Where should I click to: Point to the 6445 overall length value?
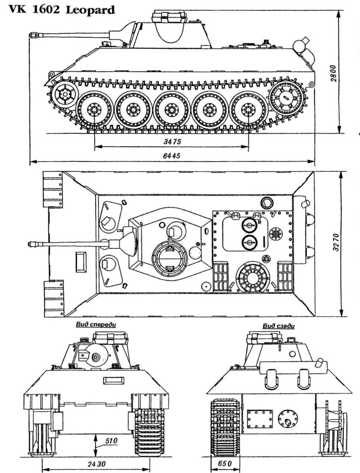171,157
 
